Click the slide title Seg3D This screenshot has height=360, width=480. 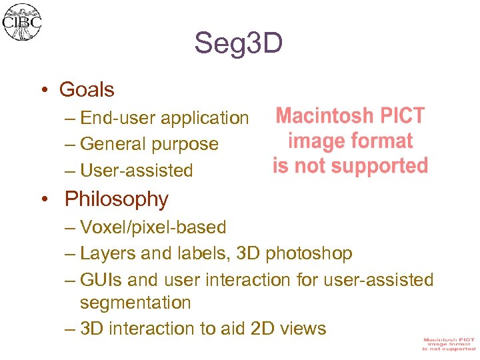[x=239, y=44]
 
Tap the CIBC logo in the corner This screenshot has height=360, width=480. [x=22, y=22]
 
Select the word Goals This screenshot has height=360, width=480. [x=87, y=89]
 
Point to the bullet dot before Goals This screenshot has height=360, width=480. [x=43, y=90]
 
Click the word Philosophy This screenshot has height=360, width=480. [x=117, y=199]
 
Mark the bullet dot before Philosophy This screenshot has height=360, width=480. [x=43, y=199]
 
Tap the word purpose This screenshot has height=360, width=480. [x=185, y=144]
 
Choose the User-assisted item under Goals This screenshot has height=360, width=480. [x=136, y=171]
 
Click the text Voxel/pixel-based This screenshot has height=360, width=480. [x=153, y=227]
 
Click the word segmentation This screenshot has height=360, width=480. [x=135, y=303]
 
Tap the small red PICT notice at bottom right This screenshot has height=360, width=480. [x=449, y=344]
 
